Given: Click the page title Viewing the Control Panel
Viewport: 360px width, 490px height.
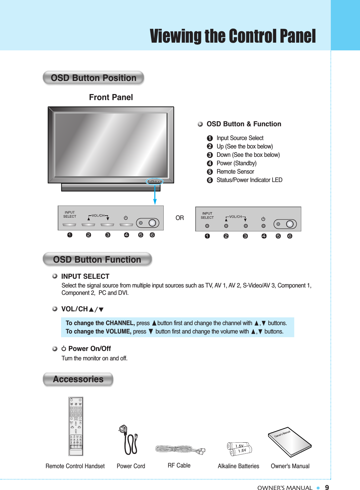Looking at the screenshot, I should (x=233, y=36).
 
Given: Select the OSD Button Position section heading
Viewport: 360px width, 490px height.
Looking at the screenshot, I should (x=93, y=78).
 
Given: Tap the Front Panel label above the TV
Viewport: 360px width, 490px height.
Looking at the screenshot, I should (x=111, y=97).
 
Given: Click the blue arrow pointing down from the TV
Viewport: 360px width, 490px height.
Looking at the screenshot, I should (x=155, y=195).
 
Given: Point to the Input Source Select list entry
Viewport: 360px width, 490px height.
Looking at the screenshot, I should (x=240, y=138).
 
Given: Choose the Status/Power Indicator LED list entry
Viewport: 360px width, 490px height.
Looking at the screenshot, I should (x=249, y=180).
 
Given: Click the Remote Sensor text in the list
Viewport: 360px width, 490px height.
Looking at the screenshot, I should (x=235, y=172).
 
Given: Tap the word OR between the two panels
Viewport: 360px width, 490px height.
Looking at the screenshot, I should (x=179, y=218).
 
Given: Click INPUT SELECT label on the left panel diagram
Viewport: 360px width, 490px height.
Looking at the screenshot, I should (x=70, y=214).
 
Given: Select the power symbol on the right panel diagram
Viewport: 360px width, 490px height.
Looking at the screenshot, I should (x=263, y=219).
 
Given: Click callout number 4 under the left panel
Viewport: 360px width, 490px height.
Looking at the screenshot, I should (x=126, y=235).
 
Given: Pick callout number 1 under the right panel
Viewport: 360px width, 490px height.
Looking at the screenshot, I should (x=207, y=236).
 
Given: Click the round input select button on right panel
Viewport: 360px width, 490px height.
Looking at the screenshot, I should (x=207, y=226).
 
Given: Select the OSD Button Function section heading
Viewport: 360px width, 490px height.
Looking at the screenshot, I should (x=97, y=260).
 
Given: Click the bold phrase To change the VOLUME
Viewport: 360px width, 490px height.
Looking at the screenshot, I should (x=98, y=331).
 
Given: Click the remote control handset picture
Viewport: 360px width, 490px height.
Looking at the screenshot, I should (x=76, y=426).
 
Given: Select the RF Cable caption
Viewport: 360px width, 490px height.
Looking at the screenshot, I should (x=179, y=465).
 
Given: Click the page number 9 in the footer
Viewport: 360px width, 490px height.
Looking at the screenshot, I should (x=327, y=488).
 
